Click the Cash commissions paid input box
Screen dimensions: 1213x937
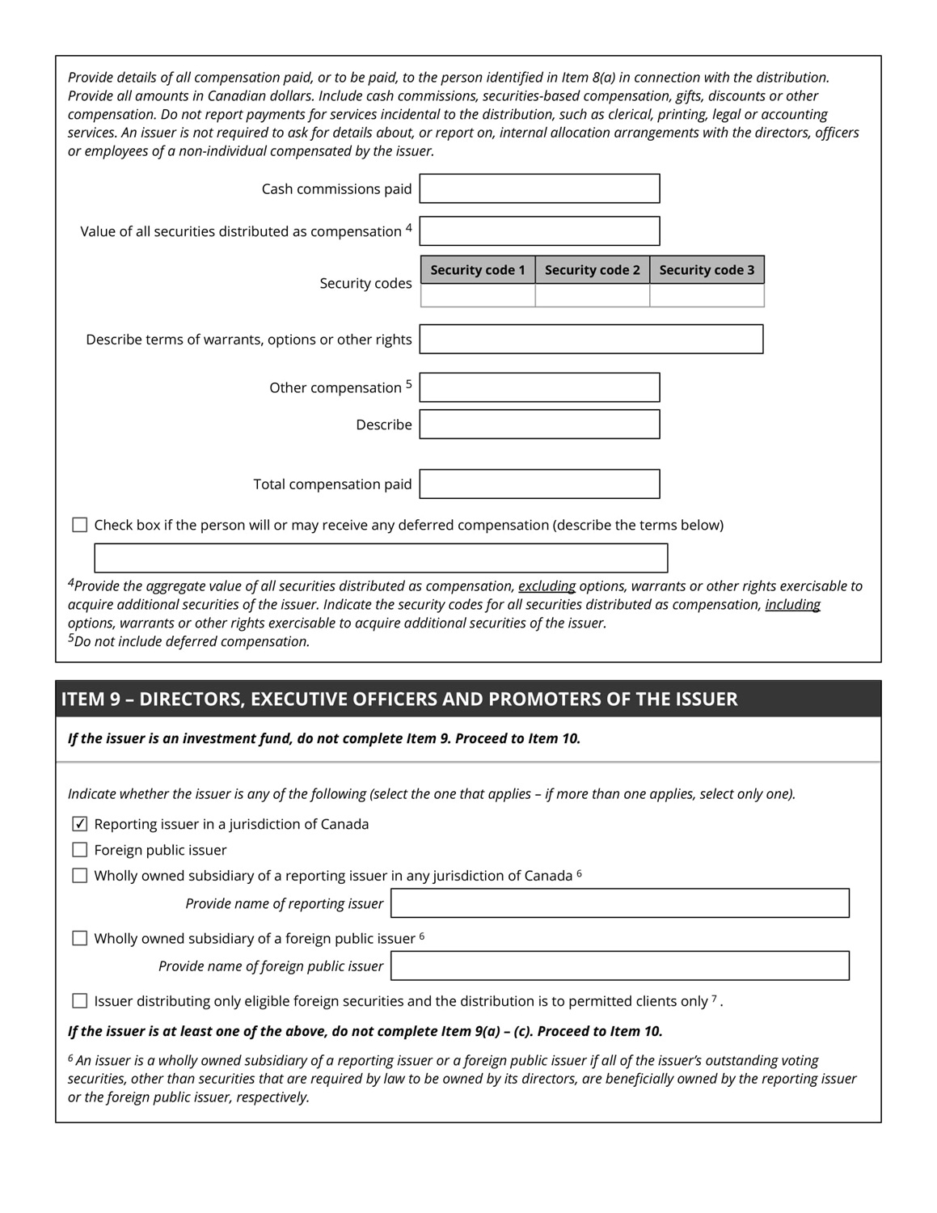[539, 188]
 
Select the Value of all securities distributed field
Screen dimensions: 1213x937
[539, 231]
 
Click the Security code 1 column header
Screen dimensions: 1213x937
[478, 270]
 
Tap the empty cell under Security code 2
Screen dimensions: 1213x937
[592, 295]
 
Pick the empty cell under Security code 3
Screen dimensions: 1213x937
[707, 295]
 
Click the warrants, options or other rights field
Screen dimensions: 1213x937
[591, 340]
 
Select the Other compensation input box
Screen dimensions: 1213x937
[539, 387]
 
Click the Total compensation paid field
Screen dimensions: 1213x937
[539, 484]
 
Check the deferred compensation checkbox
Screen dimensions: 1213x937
[80, 525]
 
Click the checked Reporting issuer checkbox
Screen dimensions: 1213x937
[80, 824]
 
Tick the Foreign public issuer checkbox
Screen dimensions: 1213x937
[80, 850]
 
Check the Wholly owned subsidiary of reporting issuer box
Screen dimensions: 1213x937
[80, 876]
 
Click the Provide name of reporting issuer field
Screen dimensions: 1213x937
[620, 903]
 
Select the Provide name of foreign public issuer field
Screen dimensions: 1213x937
[620, 966]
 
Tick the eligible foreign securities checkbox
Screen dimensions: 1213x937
[80, 1001]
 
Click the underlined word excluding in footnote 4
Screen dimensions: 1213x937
[547, 586]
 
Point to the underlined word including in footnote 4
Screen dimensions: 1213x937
[792, 605]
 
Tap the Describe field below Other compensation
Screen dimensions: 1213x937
[539, 425]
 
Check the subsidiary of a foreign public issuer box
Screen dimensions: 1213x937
[80, 938]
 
